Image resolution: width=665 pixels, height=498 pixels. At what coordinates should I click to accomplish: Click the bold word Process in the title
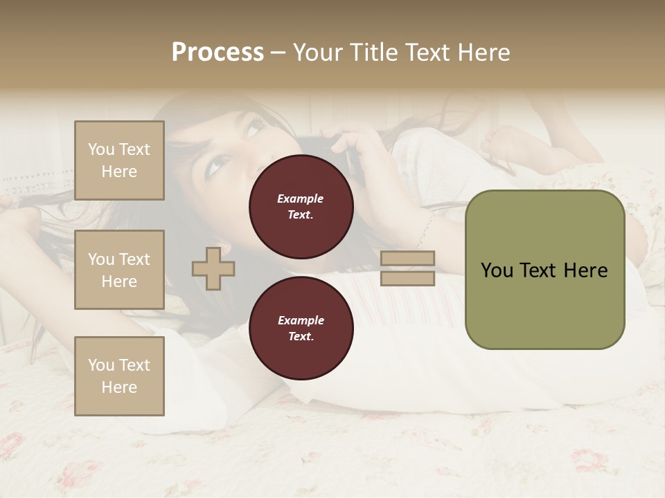click(218, 52)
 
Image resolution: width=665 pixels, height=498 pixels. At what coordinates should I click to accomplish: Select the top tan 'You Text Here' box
click(119, 160)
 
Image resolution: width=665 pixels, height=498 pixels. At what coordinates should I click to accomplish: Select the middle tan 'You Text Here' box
click(119, 270)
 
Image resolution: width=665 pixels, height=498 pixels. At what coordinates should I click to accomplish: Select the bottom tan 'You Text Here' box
click(119, 376)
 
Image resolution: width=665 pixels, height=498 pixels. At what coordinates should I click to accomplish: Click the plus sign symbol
click(213, 268)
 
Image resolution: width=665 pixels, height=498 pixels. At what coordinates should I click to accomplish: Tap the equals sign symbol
click(408, 268)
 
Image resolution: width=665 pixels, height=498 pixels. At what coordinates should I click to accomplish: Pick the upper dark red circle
click(301, 207)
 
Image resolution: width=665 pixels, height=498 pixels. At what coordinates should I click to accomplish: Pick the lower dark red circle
click(301, 328)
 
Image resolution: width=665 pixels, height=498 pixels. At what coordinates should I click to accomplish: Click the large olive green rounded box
click(544, 270)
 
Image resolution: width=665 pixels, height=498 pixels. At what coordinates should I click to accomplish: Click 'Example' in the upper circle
click(301, 199)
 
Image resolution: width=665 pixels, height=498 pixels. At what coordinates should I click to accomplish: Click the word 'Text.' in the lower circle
click(301, 336)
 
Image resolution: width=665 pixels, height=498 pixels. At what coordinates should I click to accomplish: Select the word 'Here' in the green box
click(585, 270)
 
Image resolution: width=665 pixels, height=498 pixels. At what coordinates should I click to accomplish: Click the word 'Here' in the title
click(485, 52)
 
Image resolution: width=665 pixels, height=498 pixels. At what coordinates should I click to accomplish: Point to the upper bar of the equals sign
click(408, 259)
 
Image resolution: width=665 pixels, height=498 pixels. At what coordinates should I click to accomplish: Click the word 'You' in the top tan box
click(101, 149)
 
